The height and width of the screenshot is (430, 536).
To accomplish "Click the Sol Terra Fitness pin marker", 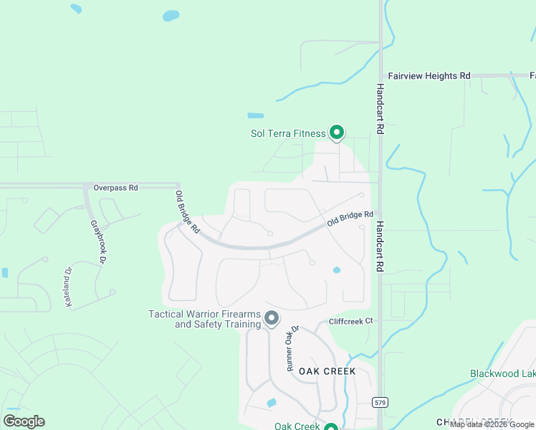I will (336, 132).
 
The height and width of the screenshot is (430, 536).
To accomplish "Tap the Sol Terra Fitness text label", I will (287, 133).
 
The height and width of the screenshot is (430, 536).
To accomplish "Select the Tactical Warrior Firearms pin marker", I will (271, 317).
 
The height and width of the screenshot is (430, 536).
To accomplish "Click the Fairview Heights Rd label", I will (429, 75).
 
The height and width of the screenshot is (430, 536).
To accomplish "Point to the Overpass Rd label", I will (115, 188).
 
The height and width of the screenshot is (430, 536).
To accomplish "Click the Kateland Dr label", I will (70, 287).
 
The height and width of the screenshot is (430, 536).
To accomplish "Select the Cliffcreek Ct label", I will (350, 321).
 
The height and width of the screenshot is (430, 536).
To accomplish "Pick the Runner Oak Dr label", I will (292, 348).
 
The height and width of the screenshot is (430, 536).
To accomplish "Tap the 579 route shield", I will (381, 403).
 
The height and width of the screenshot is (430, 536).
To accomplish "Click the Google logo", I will (24, 421).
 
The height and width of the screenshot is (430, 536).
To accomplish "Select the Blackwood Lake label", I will (503, 373).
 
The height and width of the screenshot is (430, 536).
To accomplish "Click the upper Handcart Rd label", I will (381, 109).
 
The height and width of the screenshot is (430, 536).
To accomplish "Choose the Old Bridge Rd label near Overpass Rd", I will (186, 211).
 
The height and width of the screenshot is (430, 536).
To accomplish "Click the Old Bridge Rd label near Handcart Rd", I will (350, 219).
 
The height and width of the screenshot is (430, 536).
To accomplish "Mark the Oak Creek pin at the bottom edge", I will (330, 427).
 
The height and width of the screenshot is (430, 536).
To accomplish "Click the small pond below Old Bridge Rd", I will (336, 270).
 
